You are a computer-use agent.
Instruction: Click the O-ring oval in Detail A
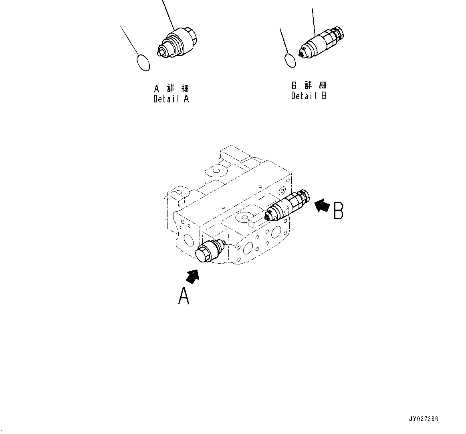[143, 62]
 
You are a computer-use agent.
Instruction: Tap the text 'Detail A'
[171, 99]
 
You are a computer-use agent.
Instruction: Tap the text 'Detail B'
[309, 96]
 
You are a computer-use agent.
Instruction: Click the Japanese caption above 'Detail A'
[171, 88]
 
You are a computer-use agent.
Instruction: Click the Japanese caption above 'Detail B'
[309, 85]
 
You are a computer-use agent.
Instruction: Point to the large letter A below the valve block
[184, 296]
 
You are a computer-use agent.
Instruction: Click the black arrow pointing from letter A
[193, 276]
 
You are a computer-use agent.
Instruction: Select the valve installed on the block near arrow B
[288, 205]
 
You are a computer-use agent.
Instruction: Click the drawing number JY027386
[424, 419]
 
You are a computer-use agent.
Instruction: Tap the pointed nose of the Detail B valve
[302, 51]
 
